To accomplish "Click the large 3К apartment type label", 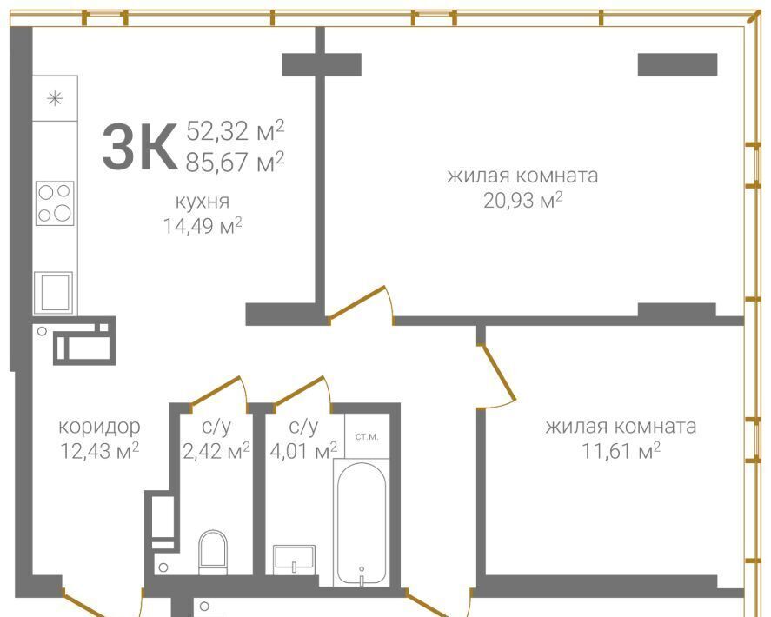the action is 140,147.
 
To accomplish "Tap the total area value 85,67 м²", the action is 235,162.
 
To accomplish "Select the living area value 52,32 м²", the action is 235,130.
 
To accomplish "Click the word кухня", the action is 203,202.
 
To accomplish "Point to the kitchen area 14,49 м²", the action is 203,226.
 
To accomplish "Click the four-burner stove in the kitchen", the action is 55,203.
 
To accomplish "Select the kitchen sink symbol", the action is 54,293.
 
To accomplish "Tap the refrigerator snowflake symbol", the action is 55,99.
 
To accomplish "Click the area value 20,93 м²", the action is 522,201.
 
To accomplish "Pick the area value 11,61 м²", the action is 621,450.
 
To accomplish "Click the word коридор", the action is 99,427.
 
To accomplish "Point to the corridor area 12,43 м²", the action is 99,450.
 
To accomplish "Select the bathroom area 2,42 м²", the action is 216,450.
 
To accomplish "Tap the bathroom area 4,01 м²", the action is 303,450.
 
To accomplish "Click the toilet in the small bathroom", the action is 213,552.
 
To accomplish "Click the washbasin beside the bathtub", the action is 294,559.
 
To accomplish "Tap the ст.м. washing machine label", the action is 367,436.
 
